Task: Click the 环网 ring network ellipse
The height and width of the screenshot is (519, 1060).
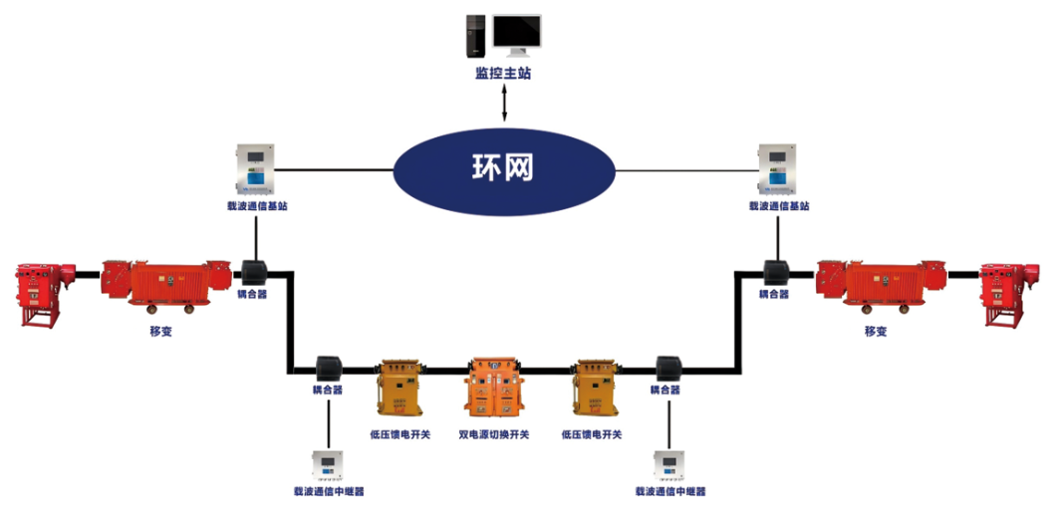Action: click(503, 168)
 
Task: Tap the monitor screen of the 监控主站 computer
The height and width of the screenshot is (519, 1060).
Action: click(517, 34)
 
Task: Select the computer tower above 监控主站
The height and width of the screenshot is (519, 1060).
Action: click(476, 36)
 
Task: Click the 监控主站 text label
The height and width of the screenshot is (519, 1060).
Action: click(503, 74)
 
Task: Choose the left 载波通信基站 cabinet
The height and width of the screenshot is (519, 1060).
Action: click(256, 170)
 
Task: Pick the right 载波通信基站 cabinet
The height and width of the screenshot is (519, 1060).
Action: click(777, 170)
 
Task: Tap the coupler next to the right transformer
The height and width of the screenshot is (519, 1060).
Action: click(774, 272)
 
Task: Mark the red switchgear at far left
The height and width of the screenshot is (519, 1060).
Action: click(39, 292)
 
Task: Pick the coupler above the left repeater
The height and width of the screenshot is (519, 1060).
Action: click(329, 369)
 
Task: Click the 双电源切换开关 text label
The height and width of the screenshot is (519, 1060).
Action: click(494, 435)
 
